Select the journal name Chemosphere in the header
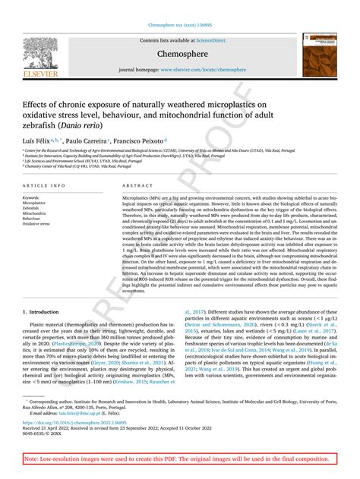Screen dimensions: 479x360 pos(180,55)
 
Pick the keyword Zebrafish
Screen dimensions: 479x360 pos(31,209)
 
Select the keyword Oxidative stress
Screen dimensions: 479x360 pos(36,225)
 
